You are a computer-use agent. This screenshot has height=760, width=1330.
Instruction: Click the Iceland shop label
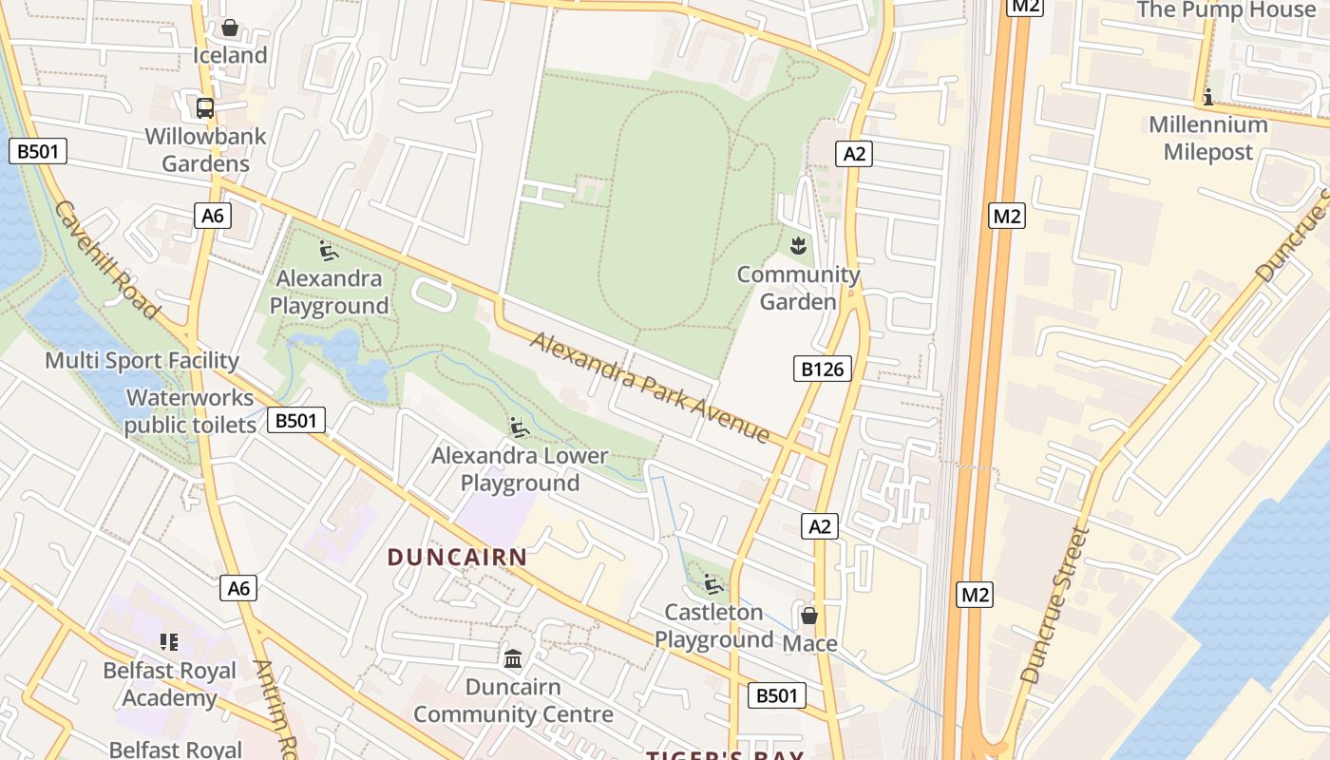coord(230,55)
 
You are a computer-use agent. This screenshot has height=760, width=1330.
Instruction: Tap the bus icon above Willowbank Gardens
coord(205,108)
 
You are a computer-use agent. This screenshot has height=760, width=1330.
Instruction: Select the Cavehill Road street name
coord(106,258)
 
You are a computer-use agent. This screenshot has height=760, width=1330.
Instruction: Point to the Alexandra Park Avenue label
coord(651,386)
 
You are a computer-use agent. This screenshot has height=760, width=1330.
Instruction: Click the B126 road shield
coord(823,369)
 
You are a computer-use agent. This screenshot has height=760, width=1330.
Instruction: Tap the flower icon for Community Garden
coord(798,247)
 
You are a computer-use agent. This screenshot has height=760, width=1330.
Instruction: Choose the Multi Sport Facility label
coord(142,361)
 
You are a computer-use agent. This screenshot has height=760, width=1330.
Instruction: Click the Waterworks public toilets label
coord(190,410)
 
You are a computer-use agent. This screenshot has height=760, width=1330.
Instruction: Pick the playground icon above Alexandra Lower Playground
coord(519,427)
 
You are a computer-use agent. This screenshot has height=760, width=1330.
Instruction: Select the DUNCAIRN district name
coord(457,558)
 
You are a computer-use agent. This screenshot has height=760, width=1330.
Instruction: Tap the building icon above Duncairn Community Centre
coord(513,658)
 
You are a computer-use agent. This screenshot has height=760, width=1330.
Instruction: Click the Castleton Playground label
coord(713,625)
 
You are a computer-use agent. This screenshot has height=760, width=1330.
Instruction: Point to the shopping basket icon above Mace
coord(809,616)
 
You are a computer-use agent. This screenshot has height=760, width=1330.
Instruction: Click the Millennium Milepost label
coord(1208,138)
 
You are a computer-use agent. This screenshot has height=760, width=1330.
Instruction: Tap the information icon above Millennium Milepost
coord(1208,97)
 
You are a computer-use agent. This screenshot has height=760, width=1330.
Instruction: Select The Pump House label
coord(1226,10)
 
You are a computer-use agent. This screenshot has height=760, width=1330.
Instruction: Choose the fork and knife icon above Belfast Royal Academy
coord(169,642)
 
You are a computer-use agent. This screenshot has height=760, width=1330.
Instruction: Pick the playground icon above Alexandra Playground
coord(329,251)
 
